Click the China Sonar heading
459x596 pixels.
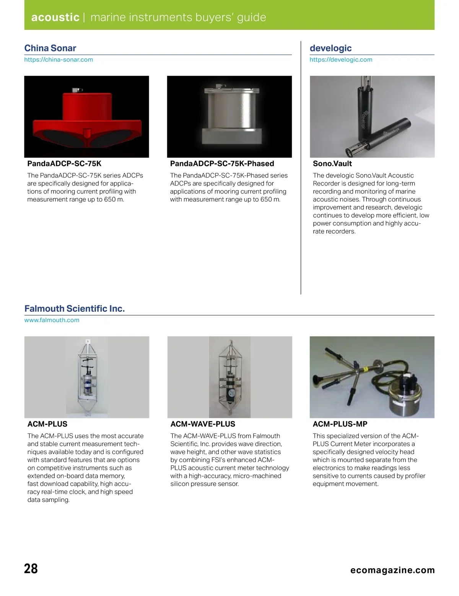tap(50, 48)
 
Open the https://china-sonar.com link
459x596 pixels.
tap(59, 60)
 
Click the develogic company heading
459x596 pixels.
tap(330, 48)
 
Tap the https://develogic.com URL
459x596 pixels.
tap(341, 60)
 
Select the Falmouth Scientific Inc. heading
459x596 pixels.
tap(75, 309)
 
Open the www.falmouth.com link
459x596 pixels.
tap(52, 320)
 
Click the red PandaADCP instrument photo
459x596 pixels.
tap(86, 117)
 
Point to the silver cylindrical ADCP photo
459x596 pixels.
tap(229, 117)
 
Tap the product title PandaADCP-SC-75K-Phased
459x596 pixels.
tap(222, 164)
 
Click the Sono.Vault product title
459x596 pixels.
tap(332, 164)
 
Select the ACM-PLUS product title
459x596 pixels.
tap(47, 424)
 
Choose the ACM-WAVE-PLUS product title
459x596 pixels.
tap(203, 424)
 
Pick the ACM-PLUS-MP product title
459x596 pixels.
tap(340, 424)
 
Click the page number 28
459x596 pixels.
tap(31, 568)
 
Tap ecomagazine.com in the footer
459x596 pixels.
tap(392, 570)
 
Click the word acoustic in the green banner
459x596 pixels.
tap(55, 18)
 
